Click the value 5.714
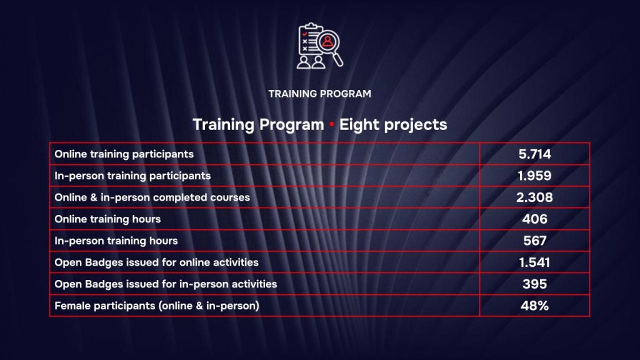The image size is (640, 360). tap(534, 154)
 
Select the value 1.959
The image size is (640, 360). tap(534, 176)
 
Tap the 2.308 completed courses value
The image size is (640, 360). tap(534, 197)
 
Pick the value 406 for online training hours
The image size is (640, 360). tap(534, 219)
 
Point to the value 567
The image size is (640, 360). tap(534, 241)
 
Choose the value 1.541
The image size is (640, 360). tap(534, 262)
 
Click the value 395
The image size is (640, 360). tap(534, 284)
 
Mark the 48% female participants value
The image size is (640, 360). tap(534, 306)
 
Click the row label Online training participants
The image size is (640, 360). tap(124, 154)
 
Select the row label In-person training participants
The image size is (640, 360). tap(132, 176)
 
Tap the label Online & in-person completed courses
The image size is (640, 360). tap(152, 197)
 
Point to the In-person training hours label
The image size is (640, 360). tap(116, 241)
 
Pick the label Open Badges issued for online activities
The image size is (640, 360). tap(157, 262)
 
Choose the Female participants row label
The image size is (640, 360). tap(157, 306)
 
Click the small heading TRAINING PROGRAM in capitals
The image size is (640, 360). tap(319, 94)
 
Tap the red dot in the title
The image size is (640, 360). tap(331, 125)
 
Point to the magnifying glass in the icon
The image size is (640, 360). tap(329, 46)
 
